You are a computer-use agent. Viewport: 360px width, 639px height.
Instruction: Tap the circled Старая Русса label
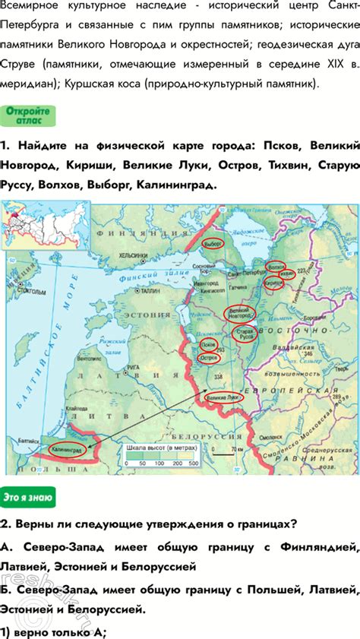coord(244,334)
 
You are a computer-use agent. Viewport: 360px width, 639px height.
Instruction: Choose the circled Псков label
coord(207,345)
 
